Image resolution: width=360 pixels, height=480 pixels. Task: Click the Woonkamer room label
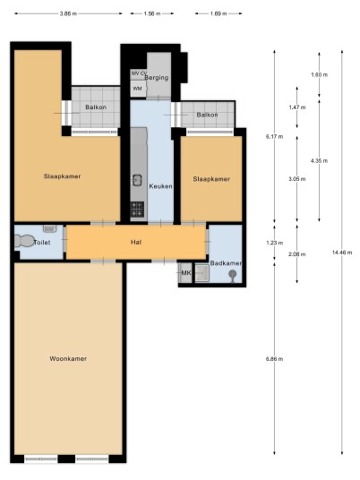click(68, 358)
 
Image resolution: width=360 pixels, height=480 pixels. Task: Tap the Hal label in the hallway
click(136, 242)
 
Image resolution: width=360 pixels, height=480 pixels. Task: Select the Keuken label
click(160, 186)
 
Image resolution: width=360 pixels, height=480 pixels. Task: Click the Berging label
click(157, 78)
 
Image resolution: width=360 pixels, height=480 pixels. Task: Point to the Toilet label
click(42, 243)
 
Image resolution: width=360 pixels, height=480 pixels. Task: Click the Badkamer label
click(226, 263)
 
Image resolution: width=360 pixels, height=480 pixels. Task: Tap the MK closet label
click(186, 272)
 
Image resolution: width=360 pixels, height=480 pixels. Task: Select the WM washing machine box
click(138, 89)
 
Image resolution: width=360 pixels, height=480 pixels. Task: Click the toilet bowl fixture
click(24, 241)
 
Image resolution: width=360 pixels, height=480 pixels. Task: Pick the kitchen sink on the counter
click(136, 180)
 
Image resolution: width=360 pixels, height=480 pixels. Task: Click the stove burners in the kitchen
click(137, 209)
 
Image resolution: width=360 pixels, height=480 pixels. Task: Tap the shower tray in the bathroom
click(202, 273)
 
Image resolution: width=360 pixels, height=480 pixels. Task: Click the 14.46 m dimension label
click(342, 253)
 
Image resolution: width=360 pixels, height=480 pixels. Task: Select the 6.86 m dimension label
click(275, 359)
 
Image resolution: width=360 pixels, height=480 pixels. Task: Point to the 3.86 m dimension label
click(69, 13)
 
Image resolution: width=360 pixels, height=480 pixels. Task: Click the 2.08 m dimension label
click(297, 254)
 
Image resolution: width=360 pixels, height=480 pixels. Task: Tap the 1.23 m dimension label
click(275, 243)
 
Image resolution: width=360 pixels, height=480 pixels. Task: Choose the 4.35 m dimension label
click(319, 160)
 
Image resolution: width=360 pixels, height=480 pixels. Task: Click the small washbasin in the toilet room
click(49, 228)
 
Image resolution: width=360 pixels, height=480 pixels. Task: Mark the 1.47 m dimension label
click(297, 107)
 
